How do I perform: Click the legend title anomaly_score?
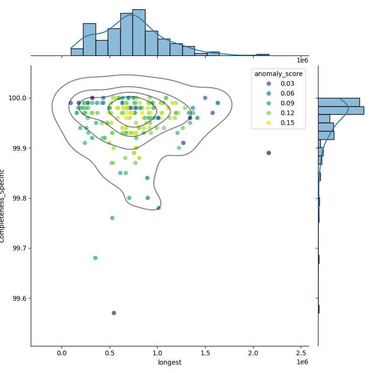(x=278, y=74)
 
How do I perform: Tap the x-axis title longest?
(x=170, y=362)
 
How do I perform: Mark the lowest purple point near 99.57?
(x=114, y=313)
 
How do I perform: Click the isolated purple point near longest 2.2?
(x=269, y=153)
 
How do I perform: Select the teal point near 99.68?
(x=95, y=258)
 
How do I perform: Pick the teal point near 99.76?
(x=112, y=218)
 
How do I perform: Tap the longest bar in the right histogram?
(x=340, y=111)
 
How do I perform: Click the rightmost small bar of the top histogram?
(x=262, y=55)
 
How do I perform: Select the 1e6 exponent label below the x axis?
(x=302, y=362)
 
